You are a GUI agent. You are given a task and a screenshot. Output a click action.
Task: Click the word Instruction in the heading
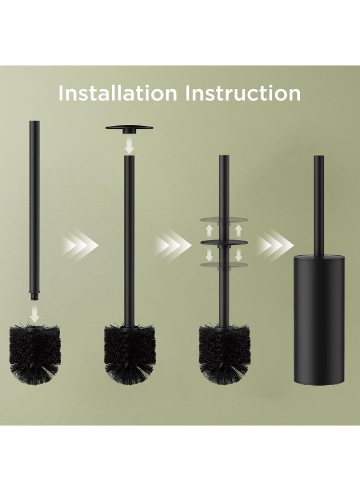pos(243,93)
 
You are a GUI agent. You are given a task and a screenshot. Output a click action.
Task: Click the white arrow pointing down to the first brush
pos(34,314)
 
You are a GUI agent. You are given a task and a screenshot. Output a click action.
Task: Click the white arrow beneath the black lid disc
pos(129,145)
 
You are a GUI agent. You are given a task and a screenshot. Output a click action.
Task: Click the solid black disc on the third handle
pos(224,241)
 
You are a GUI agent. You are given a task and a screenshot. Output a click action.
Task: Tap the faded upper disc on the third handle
pos(224,219)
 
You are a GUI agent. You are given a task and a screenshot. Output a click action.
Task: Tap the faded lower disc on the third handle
pos(224,265)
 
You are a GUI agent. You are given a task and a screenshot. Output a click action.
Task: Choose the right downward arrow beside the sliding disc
pos(238,254)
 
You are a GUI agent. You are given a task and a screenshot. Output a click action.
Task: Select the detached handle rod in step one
pos(34,207)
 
